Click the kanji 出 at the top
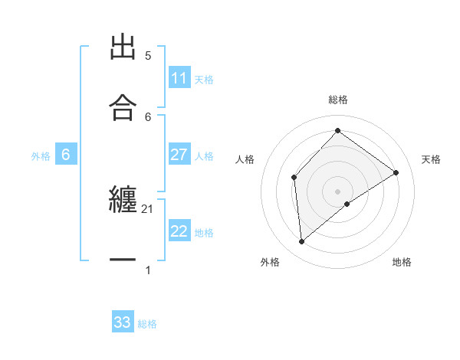(123, 47)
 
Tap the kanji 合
(123, 108)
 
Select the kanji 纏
(123, 200)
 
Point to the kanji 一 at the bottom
(123, 260)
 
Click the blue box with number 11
(179, 78)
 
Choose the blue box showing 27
(179, 155)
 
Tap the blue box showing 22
(179, 231)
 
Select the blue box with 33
(123, 322)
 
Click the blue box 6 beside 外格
(66, 155)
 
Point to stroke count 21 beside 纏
(148, 208)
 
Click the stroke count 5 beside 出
(148, 55)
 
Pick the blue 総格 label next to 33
(147, 324)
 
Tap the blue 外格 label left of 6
(41, 156)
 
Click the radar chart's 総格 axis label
(338, 100)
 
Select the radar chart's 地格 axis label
(402, 262)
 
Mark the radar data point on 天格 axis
(396, 172)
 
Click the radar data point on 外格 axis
(302, 242)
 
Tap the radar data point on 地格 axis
(347, 204)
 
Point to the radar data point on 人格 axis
(294, 178)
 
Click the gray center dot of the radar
(338, 191)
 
